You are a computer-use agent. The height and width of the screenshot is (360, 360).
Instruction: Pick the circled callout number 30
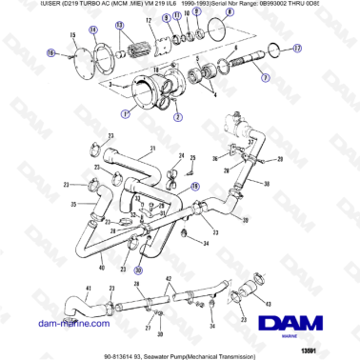coord(137,270)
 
